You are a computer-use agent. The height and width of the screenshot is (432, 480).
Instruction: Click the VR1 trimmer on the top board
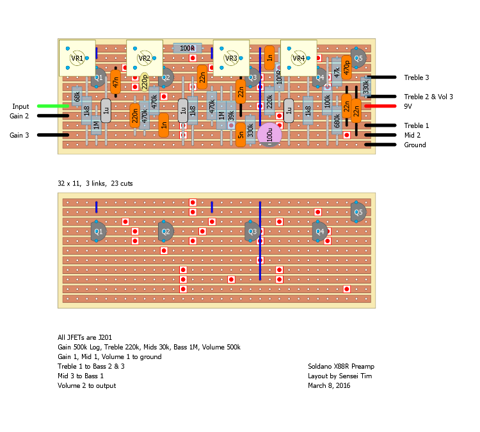click(77, 58)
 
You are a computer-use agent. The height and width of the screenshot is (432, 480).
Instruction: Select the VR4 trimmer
click(298, 58)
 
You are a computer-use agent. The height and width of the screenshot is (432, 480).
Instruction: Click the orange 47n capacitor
click(115, 81)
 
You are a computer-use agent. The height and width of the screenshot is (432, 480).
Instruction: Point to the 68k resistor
click(77, 97)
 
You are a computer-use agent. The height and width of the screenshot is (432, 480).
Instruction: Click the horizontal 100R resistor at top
click(187, 48)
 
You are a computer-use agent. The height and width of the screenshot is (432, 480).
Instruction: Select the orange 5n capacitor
click(241, 135)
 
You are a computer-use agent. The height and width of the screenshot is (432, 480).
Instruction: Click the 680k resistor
click(337, 122)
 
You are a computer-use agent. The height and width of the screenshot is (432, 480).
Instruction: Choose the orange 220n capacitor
click(134, 116)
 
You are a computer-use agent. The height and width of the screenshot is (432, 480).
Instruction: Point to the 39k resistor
click(231, 116)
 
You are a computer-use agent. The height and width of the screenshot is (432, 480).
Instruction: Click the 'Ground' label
click(415, 145)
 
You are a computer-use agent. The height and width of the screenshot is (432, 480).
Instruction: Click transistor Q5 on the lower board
click(358, 212)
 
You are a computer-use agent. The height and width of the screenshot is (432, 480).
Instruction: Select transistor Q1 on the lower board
click(98, 232)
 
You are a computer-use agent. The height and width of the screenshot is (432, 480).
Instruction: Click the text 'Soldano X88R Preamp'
click(341, 366)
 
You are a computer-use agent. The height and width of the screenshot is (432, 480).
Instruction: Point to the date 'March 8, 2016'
click(329, 385)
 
